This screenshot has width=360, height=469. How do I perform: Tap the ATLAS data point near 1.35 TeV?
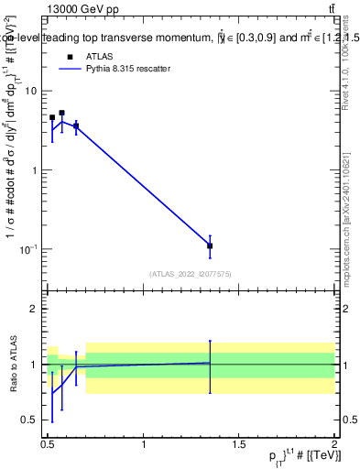(210, 245)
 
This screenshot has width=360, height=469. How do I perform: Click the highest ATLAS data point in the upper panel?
(61, 114)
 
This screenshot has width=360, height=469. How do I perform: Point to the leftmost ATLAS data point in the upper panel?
(52, 118)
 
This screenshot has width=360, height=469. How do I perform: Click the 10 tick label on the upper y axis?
(31, 91)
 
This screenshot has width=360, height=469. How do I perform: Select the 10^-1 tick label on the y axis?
(28, 249)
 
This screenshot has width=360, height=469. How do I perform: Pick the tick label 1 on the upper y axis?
(34, 170)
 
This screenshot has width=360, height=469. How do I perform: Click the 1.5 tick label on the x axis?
(240, 444)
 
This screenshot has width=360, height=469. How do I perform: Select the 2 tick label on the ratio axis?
(34, 309)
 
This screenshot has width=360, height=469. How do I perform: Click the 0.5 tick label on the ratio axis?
(29, 420)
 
